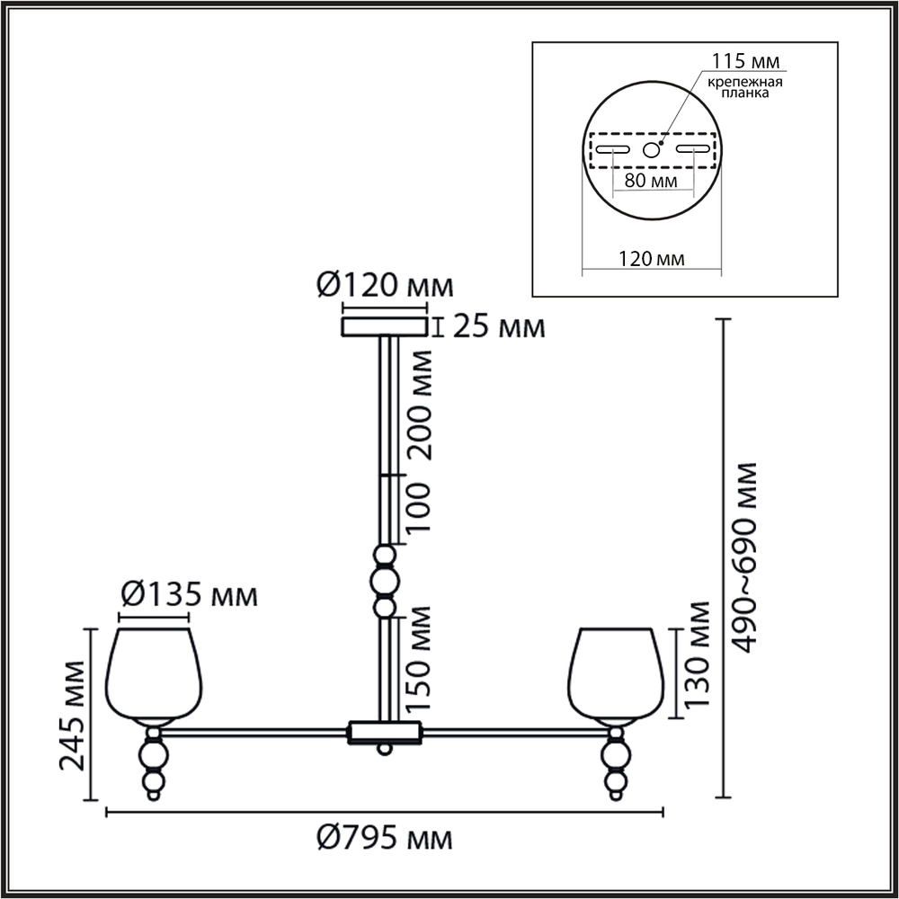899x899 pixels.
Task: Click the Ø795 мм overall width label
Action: tap(385, 840)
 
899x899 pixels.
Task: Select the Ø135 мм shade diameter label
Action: tap(189, 595)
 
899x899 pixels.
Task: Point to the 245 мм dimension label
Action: tap(73, 716)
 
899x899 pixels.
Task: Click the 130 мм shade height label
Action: tap(698, 654)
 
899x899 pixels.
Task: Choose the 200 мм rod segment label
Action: tap(419, 405)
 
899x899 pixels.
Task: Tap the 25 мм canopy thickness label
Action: tap(499, 327)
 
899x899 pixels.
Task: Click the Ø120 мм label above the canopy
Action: tap(386, 286)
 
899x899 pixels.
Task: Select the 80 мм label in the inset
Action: tap(651, 181)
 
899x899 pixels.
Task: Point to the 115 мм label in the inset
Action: tap(745, 60)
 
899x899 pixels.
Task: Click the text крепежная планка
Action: tap(744, 87)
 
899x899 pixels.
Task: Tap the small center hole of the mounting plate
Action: tap(651, 150)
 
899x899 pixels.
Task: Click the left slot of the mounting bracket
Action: tap(613, 149)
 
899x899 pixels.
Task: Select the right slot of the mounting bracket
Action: tap(693, 149)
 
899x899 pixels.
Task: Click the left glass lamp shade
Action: tap(154, 673)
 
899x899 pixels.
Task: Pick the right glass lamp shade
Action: tap(617, 673)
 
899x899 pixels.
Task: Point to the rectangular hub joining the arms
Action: tap(384, 733)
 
